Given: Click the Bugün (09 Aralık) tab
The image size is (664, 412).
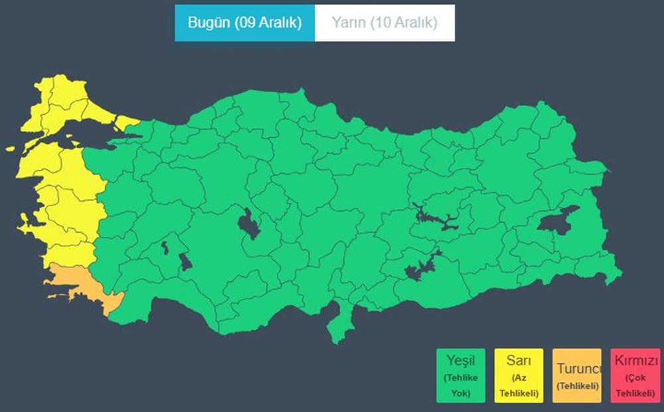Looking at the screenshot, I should [244, 23].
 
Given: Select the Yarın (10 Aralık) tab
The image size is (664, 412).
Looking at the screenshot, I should [384, 23].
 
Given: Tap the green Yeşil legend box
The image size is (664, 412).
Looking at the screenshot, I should [461, 376].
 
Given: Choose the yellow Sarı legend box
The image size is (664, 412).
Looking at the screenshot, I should [519, 376].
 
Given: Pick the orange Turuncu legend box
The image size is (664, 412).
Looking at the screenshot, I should [576, 376].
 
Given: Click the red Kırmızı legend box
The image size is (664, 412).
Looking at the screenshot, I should [635, 376].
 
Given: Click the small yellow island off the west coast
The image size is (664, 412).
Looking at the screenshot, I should [10, 149].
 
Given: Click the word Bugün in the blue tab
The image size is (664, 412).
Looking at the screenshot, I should [208, 23].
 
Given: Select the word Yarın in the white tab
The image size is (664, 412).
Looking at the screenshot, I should [348, 23].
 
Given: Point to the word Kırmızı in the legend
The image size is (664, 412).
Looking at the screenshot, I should [635, 362].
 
